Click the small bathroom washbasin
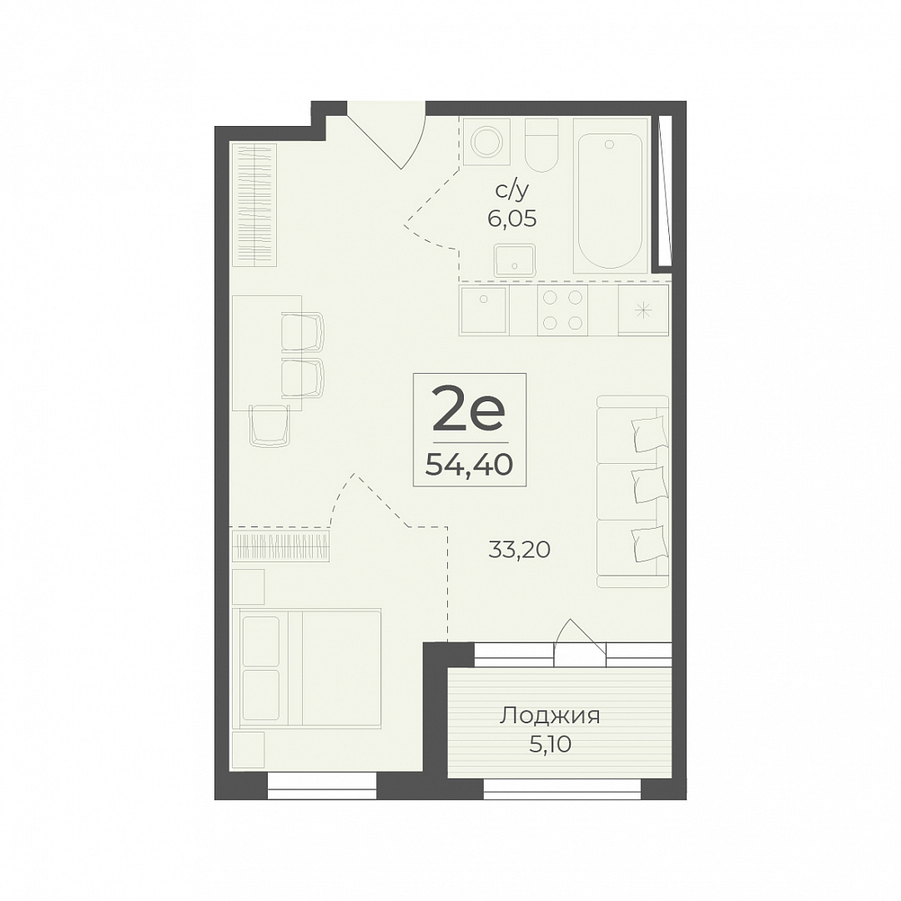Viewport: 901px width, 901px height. tap(514, 259)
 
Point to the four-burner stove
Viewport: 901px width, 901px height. tap(562, 310)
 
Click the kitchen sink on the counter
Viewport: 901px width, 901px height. tap(484, 310)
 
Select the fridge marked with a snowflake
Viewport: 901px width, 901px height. tap(643, 310)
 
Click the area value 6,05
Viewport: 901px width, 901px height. tap(512, 219)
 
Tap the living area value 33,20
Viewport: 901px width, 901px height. tap(520, 550)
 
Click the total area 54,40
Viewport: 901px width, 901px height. tap(469, 465)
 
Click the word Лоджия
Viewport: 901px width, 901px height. tap(549, 717)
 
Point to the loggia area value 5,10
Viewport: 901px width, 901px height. tap(550, 745)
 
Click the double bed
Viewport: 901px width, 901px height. tap(307, 668)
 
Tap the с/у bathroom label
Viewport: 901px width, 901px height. tap(511, 191)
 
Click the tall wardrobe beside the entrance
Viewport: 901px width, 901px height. tap(254, 204)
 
